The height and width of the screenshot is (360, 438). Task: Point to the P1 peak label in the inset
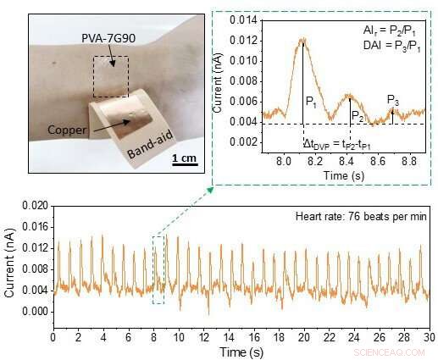click(311, 100)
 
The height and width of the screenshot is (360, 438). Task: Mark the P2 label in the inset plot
click(358, 115)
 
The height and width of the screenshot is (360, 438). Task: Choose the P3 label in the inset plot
click(393, 101)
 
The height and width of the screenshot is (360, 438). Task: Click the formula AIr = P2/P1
click(388, 29)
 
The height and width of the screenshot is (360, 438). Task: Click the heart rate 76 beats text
click(366, 219)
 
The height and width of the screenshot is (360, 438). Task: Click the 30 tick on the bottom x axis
click(430, 336)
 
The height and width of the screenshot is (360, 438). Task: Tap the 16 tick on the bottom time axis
click(254, 336)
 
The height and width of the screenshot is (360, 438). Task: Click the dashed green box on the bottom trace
click(158, 269)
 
